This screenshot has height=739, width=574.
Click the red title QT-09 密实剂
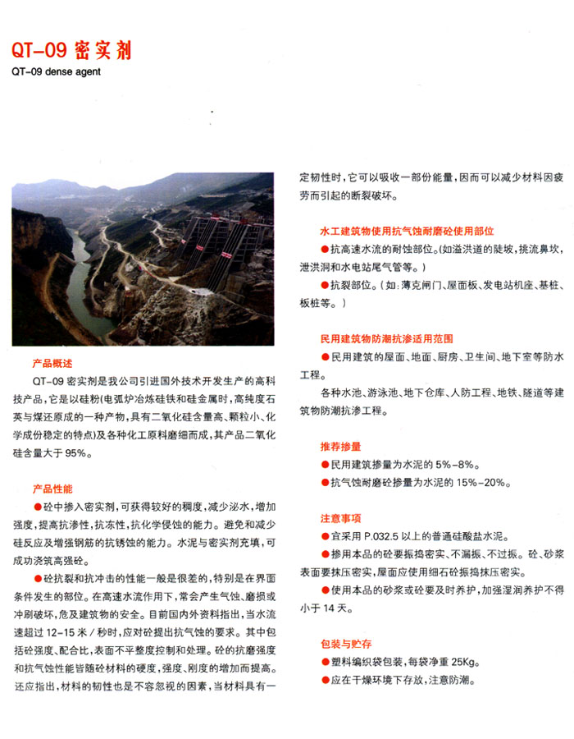click(71, 51)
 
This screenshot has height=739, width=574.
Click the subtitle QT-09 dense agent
click(54, 71)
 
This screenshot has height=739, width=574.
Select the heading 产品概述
click(52, 362)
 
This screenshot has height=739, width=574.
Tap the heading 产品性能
click(52, 488)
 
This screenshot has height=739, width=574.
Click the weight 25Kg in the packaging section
click(464, 662)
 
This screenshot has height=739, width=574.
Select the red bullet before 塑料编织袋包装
click(325, 662)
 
